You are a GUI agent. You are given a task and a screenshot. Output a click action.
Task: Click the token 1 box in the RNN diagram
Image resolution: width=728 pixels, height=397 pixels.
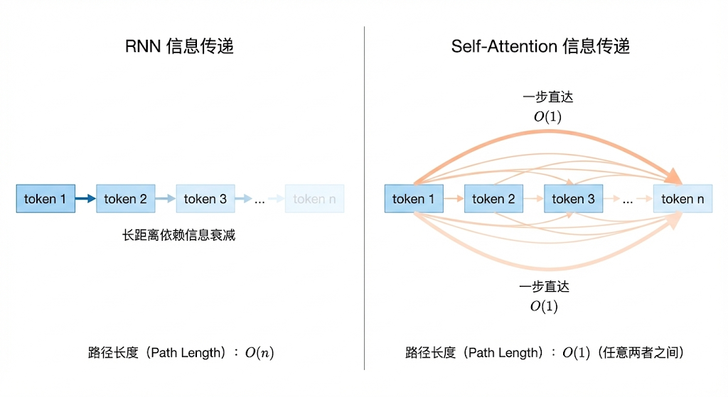tap(45, 199)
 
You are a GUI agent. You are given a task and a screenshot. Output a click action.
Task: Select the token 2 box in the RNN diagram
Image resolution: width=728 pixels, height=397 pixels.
tap(125, 199)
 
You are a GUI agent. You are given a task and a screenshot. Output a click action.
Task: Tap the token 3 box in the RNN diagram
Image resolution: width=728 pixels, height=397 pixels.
tap(205, 199)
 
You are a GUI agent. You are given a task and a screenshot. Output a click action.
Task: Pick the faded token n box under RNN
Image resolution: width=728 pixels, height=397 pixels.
tap(314, 199)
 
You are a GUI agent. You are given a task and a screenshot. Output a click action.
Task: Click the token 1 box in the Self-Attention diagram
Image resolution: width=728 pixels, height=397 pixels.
tap(413, 199)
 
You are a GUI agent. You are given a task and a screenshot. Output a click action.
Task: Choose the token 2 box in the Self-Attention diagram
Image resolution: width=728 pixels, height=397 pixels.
tap(493, 199)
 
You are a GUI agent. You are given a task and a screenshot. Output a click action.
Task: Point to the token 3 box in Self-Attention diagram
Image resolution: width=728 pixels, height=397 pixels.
tap(573, 199)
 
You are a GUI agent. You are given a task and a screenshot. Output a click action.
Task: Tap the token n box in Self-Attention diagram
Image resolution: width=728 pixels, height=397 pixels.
tap(682, 199)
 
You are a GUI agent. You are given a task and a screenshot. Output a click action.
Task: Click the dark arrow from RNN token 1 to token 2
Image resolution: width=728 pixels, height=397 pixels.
tap(85, 199)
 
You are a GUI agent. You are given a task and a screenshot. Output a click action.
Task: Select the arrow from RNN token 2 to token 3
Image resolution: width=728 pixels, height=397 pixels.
tap(165, 199)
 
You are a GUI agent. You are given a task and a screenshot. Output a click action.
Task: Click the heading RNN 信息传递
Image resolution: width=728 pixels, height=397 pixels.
tap(179, 48)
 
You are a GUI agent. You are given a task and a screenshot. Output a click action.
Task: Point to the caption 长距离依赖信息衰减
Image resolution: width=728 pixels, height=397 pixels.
tap(179, 235)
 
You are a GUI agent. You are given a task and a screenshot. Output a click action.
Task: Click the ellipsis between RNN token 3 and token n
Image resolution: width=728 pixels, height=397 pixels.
tap(259, 200)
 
